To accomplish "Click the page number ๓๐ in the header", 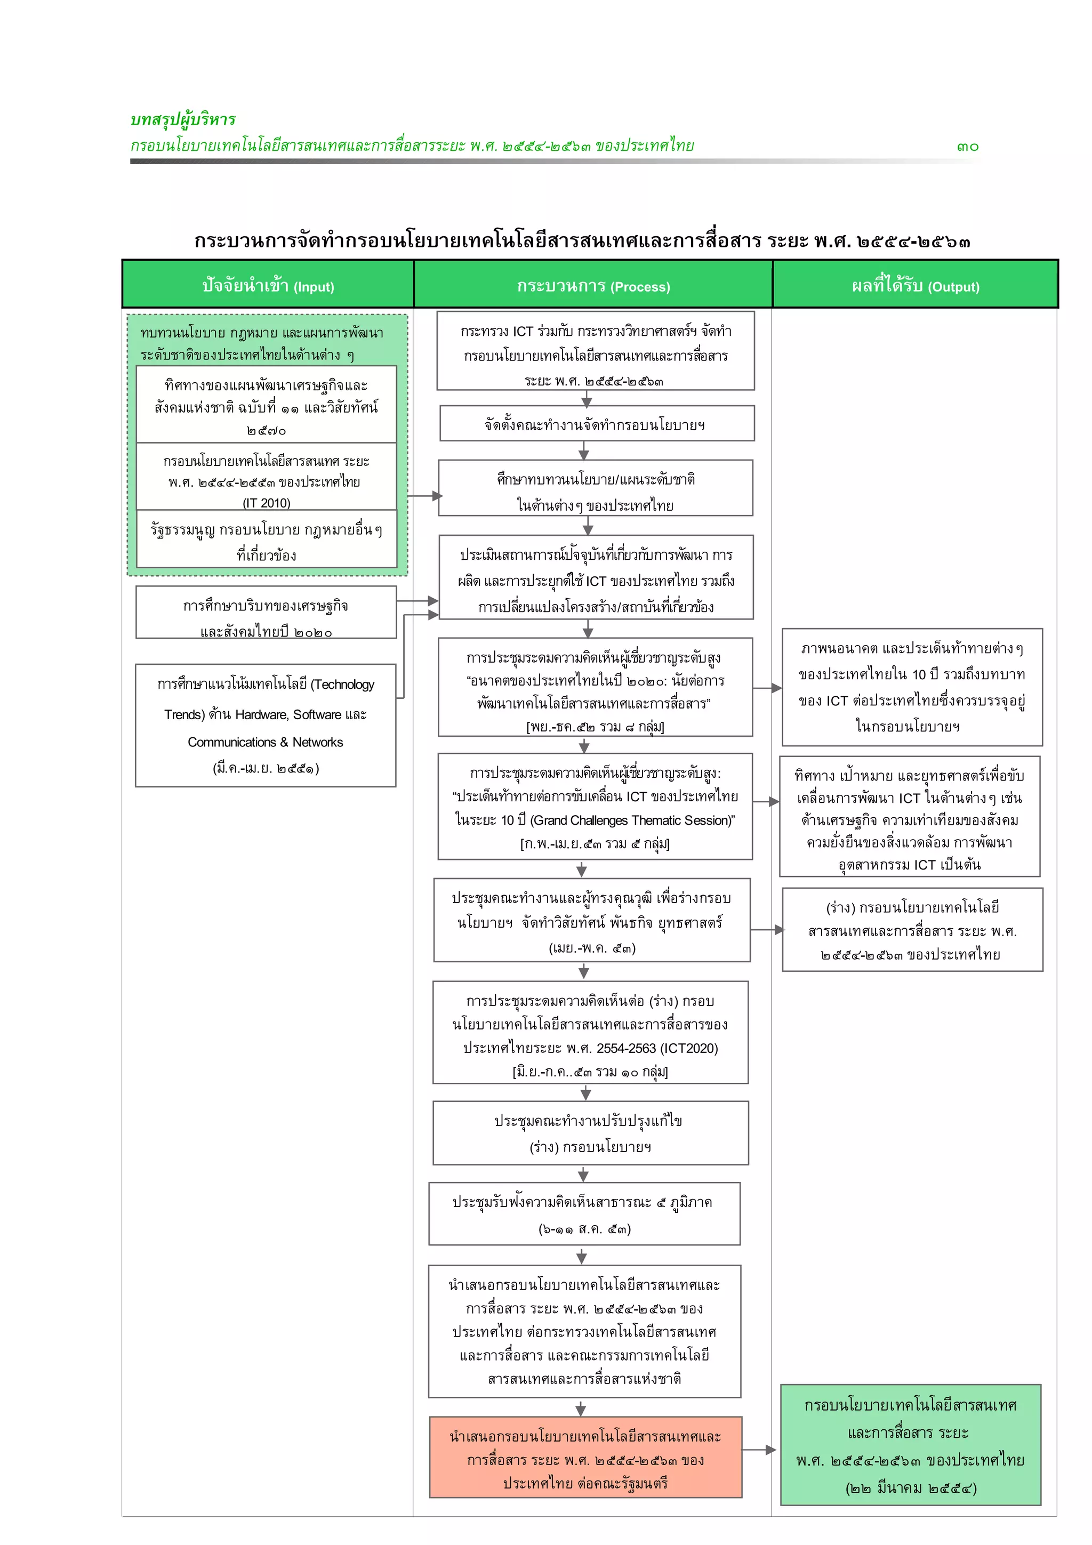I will (x=968, y=147).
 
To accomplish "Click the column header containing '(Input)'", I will (x=268, y=285).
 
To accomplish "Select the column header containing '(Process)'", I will (x=593, y=285).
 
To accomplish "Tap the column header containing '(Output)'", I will (x=915, y=285).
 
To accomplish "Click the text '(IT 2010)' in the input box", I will (x=267, y=503).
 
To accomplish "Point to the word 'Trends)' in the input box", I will (x=183, y=714).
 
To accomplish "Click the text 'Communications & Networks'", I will (x=265, y=742).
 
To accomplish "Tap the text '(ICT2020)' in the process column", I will (x=689, y=1048).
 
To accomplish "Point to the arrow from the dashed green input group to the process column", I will (x=423, y=496).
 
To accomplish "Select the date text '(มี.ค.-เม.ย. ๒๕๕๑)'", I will (x=266, y=768).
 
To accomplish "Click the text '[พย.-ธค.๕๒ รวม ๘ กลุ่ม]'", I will (x=595, y=726).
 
